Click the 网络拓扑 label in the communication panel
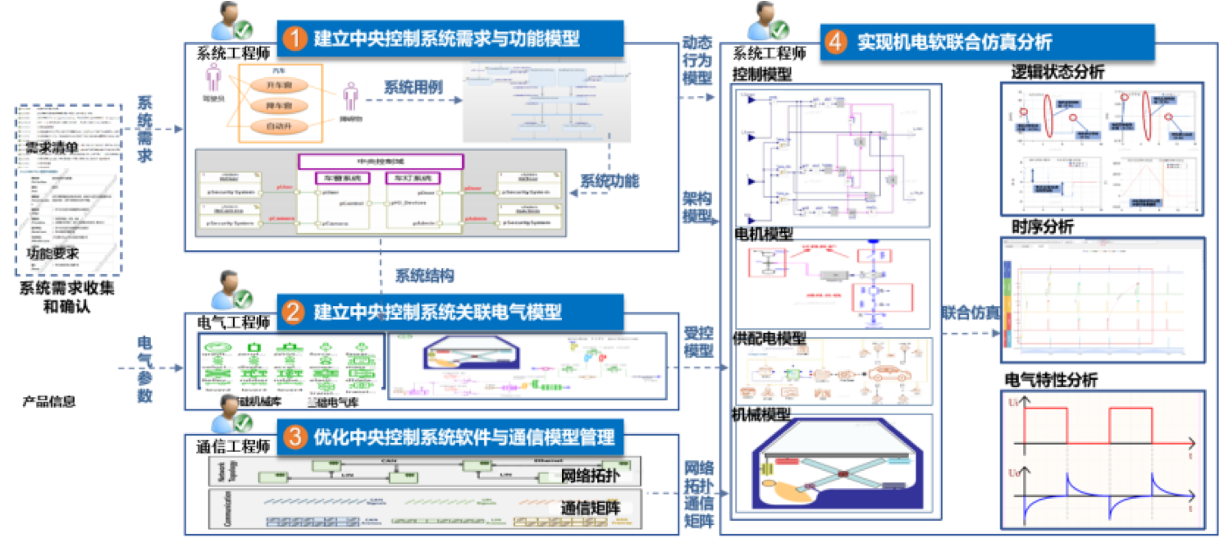(x=590, y=477)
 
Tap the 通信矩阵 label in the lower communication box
(x=589, y=508)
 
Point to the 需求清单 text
(x=53, y=148)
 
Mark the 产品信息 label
(x=49, y=401)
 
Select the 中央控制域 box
(x=381, y=161)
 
